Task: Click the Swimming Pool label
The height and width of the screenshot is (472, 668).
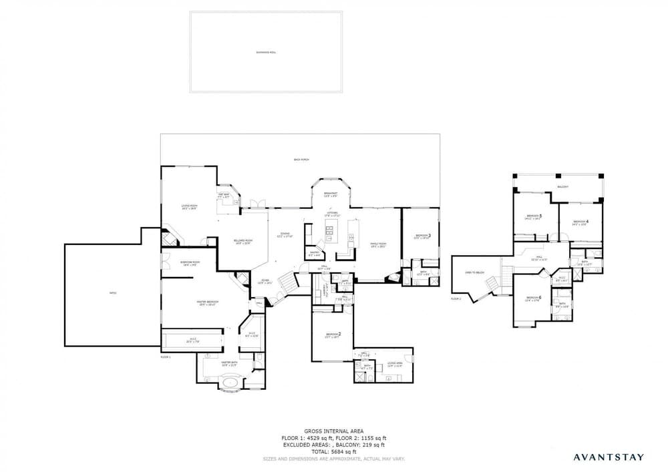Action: pos(265,52)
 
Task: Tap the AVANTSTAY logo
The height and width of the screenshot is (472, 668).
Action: pos(609,457)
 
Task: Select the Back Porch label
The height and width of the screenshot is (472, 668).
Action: pos(301,160)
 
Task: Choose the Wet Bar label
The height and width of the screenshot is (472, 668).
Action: pos(224,196)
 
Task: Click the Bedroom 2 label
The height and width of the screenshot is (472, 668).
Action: pos(333,335)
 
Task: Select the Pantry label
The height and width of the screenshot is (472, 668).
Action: pos(314,254)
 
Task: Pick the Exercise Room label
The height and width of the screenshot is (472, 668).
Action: pos(188,264)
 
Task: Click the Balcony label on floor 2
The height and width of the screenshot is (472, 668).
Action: pos(563,187)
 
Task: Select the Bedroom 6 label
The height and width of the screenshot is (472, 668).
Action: pos(533,298)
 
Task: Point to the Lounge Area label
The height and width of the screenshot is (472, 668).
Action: pos(394,365)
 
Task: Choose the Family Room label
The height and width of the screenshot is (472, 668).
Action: pos(379,245)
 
